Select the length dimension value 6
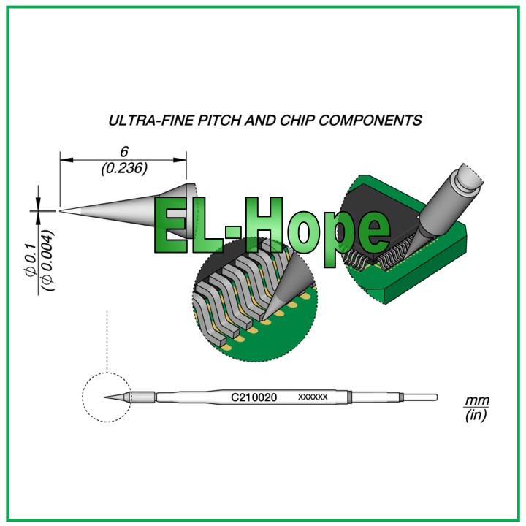point(124,152)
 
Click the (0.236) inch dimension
point(124,168)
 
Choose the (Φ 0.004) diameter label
point(47,260)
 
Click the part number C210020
point(254,397)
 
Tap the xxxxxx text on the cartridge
point(313,397)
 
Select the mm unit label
point(476,401)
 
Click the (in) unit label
point(476,416)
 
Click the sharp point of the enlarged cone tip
point(61,210)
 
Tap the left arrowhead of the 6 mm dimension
point(66,160)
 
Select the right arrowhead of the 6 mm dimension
point(180,160)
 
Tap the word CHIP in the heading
point(297,121)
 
